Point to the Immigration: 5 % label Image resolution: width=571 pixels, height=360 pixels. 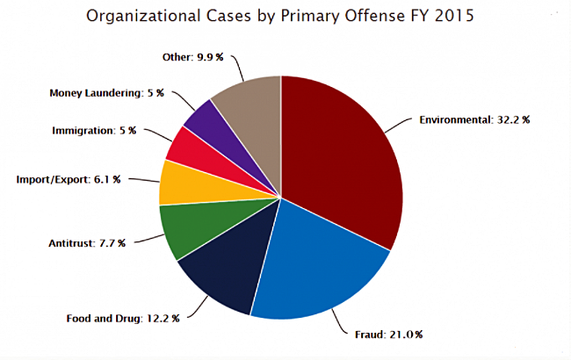[x=94, y=130]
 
